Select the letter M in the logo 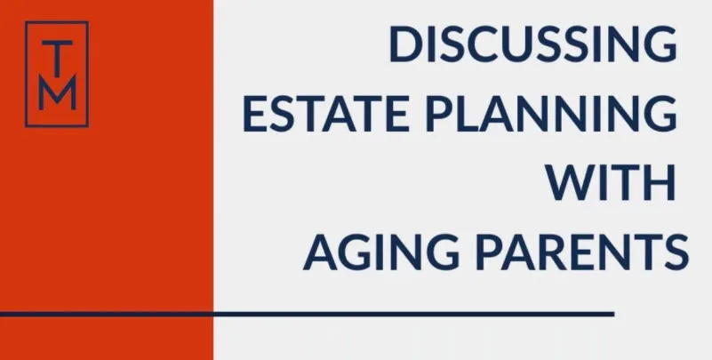point(57,94)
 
